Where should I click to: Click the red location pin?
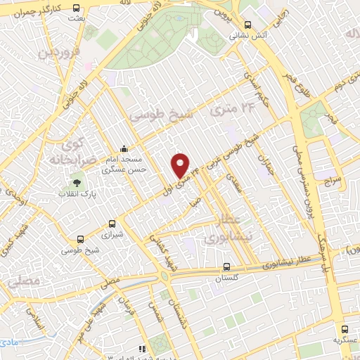click(181, 165)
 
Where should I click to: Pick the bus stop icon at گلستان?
click(226, 266)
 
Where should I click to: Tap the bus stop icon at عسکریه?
click(344, 328)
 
